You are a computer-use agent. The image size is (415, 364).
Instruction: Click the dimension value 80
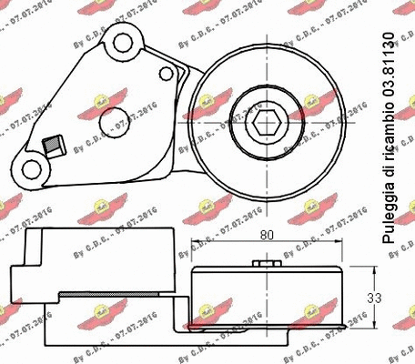[268, 235]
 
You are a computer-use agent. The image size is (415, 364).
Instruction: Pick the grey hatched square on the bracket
[51, 144]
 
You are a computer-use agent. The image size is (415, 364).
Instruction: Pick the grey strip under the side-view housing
[118, 297]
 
